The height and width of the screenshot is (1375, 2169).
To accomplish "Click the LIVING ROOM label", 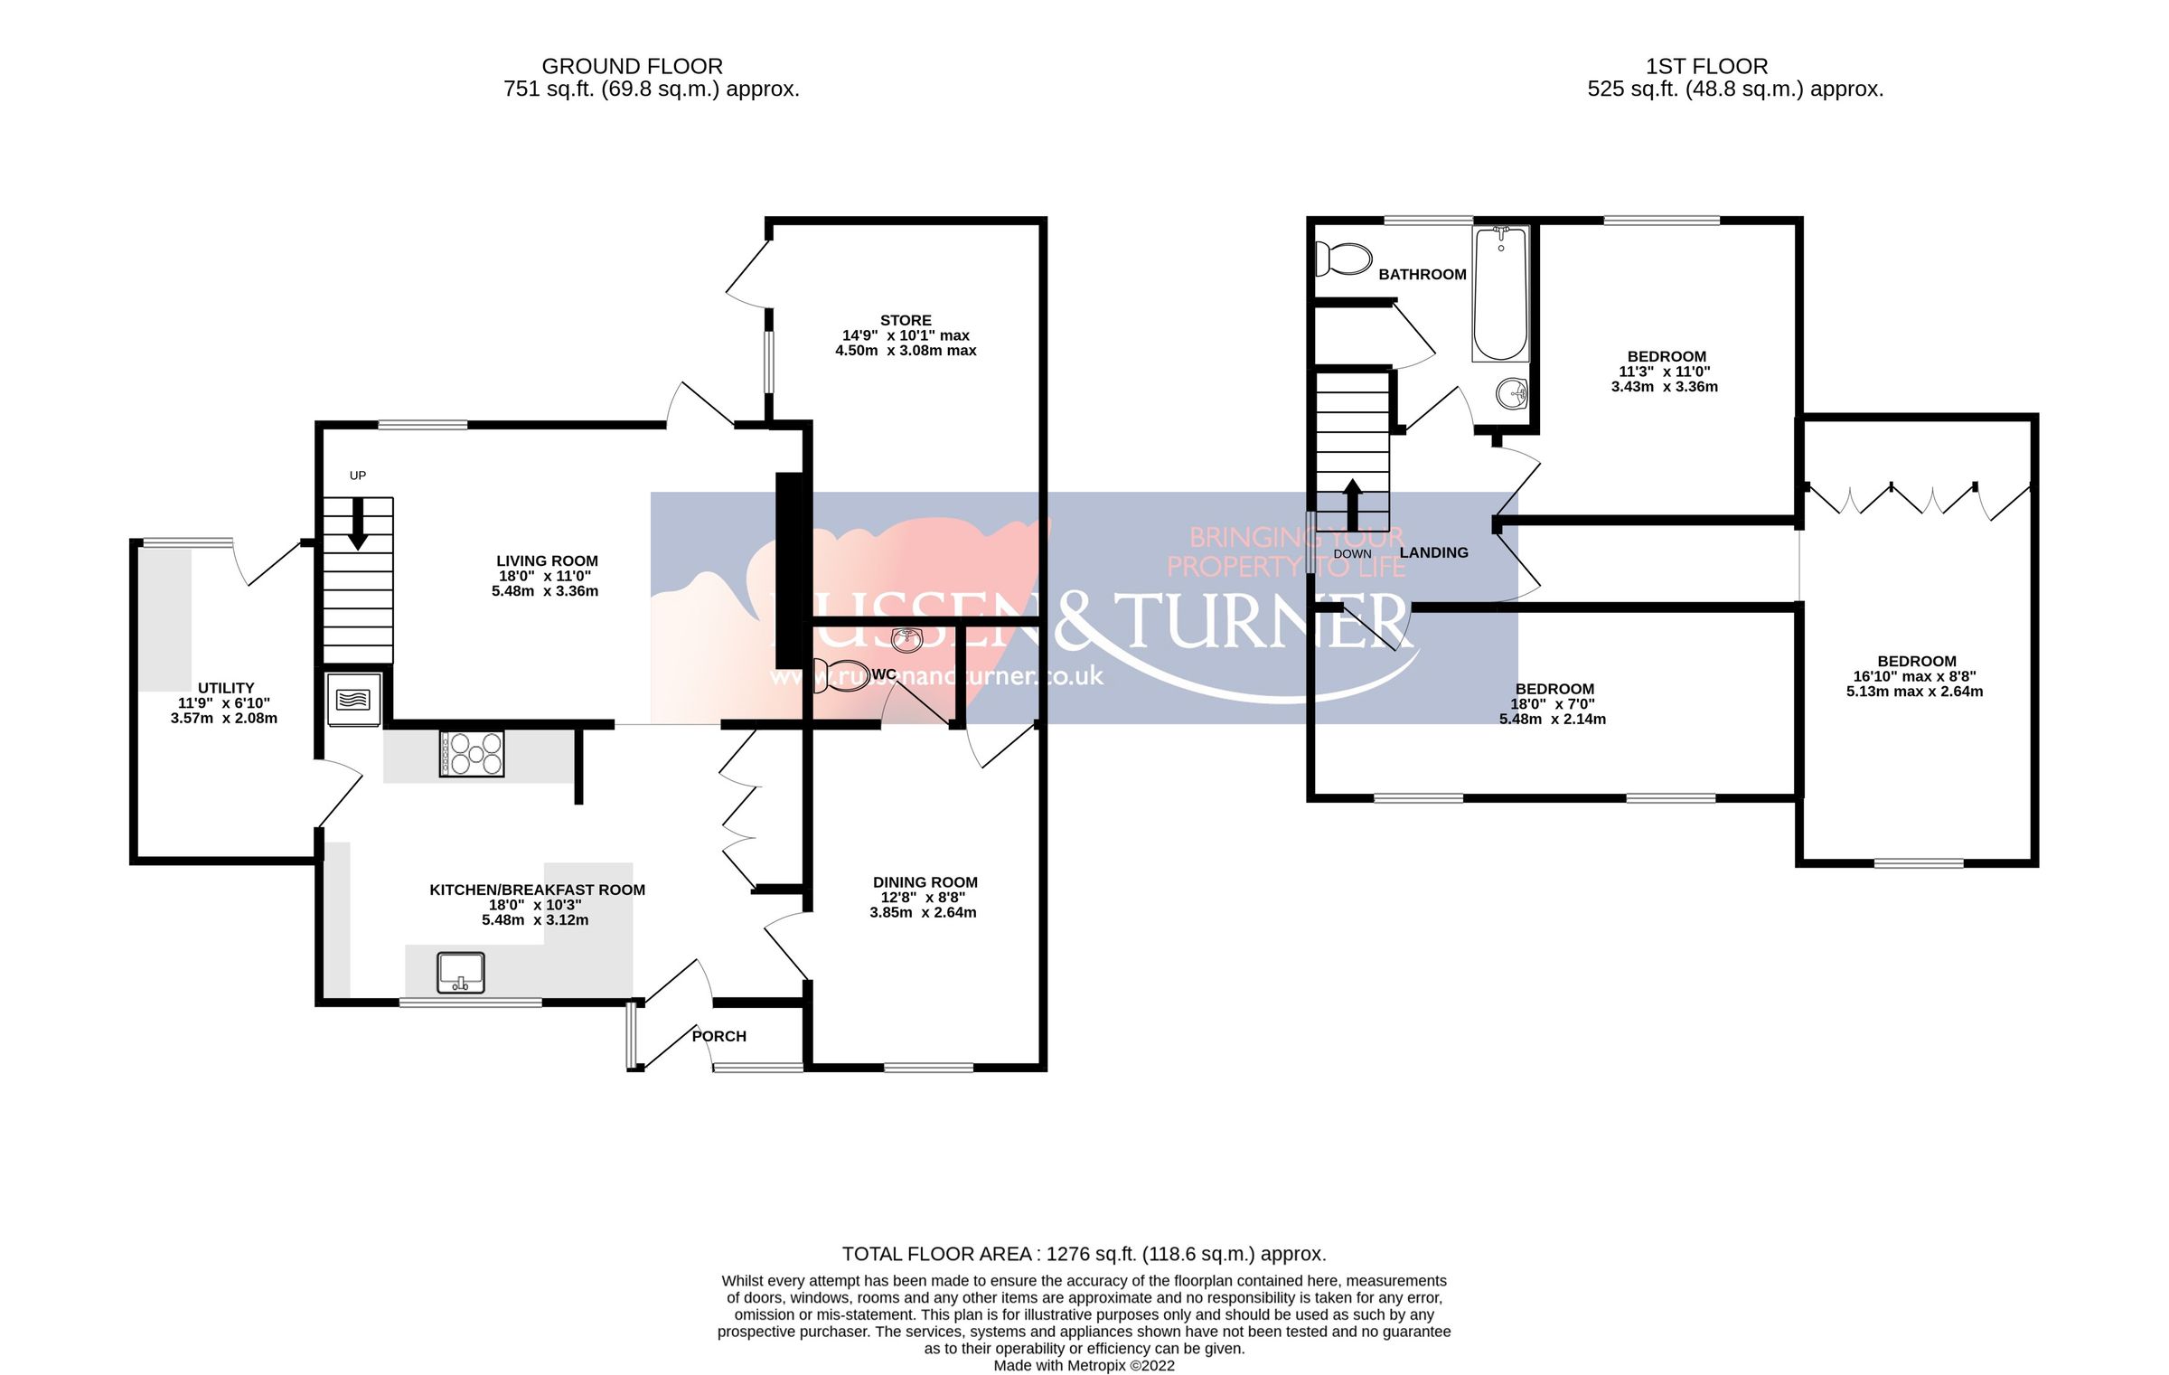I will [x=547, y=560].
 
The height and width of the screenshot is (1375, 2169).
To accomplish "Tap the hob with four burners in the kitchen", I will [x=471, y=753].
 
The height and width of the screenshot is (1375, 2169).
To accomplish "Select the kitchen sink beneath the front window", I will [x=461, y=973].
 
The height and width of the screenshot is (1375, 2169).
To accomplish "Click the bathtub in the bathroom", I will [x=1500, y=294].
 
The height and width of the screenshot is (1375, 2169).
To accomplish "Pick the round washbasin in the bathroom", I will [x=1512, y=393].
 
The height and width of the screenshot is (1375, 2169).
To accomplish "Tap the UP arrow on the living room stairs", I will [x=358, y=523].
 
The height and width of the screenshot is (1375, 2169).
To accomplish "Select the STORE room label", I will [x=906, y=320].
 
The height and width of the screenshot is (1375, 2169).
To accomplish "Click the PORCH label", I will [x=719, y=1036].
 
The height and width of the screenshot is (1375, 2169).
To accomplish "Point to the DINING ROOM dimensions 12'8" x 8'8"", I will [x=923, y=898].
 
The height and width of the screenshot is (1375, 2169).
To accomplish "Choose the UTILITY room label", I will [x=226, y=688].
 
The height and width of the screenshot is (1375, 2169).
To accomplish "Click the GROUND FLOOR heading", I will [x=632, y=66].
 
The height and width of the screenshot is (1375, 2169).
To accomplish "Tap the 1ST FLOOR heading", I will [x=1706, y=66].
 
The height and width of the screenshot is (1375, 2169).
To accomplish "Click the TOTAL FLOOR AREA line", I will [x=1084, y=1254].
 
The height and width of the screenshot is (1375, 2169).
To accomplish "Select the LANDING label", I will [x=1433, y=552].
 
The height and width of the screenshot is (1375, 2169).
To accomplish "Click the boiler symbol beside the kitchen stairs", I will [x=353, y=699].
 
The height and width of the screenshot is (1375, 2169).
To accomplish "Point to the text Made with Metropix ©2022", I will [x=1084, y=1365].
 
